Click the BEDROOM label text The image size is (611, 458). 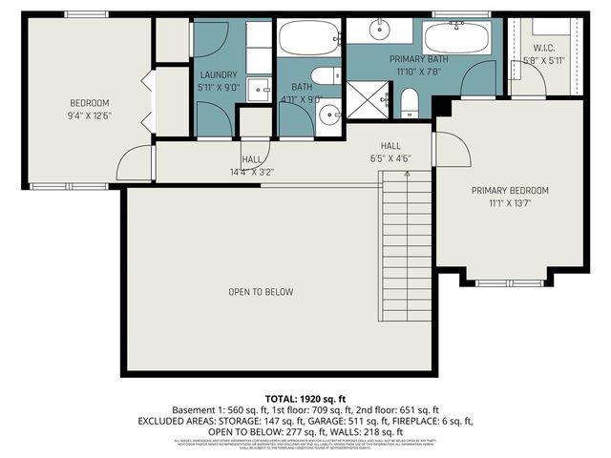point(90,103)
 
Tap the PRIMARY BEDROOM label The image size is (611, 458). point(510,190)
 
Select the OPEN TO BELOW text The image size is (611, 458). point(260,292)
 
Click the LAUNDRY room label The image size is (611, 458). point(218,74)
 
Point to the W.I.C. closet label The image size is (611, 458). point(544,48)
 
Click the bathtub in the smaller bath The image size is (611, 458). point(308,38)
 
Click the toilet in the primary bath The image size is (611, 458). point(409,101)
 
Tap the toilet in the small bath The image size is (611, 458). point(325,75)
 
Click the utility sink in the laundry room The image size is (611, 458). point(257,91)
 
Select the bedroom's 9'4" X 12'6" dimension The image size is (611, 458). point(90,116)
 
